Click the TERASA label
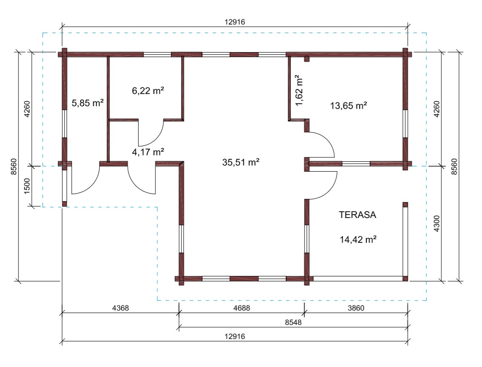coord(357,215)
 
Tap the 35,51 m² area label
coord(241,162)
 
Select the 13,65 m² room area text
coord(349,106)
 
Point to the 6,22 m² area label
coord(148,91)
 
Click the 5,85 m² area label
coord(87,103)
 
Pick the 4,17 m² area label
coord(148,152)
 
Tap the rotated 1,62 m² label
coord(299,90)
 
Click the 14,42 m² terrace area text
coord(358,239)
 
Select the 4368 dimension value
coord(120,308)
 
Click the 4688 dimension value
coord(241,308)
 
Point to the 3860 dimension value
coord(356,308)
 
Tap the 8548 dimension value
coord(293,322)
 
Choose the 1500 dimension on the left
coord(27,186)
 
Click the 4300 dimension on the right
coord(437,223)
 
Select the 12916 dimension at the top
coord(235,22)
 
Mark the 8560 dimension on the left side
coord(14,167)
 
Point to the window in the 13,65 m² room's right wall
coord(405,123)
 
